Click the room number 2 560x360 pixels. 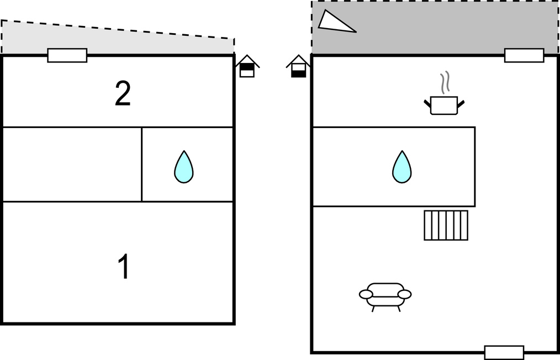point(123,93)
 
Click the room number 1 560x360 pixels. point(124,267)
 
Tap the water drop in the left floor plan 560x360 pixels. point(184,167)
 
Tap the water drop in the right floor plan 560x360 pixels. point(402,167)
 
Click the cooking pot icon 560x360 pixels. point(444,105)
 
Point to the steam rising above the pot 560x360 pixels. point(444,83)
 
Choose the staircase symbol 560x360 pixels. point(446,225)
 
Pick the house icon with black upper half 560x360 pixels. point(247,66)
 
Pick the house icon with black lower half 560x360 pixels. point(299,67)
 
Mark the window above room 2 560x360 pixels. point(67,55)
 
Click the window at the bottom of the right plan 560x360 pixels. point(504,352)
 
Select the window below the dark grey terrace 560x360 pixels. point(524,55)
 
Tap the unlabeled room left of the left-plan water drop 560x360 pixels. point(72,165)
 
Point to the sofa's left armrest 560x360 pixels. point(366,294)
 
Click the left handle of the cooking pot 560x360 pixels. point(427,104)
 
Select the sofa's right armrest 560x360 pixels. point(405,294)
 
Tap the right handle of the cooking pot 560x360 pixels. point(461,104)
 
